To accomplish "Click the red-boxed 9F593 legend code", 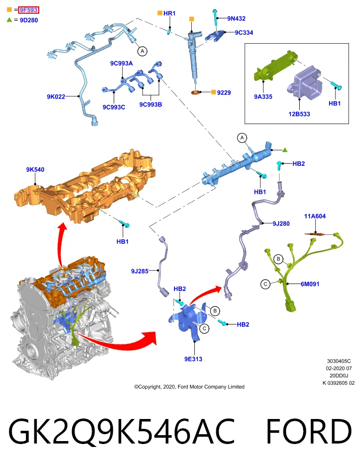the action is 28,10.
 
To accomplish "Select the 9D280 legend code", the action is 29,20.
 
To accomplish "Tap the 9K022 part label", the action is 56,97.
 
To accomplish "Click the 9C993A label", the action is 121,63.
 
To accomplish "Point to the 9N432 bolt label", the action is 236,18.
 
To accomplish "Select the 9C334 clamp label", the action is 244,32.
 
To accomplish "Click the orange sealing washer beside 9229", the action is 196,92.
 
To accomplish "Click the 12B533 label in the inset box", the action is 299,114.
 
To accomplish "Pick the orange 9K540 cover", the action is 85,186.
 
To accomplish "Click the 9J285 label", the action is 140,271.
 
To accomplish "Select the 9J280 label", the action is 281,224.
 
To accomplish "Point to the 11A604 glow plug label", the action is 315,216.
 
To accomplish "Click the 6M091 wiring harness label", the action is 310,284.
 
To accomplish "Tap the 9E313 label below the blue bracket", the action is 193,359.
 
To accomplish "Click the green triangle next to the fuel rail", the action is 285,150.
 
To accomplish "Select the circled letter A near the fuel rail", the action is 242,138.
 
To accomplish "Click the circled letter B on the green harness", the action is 278,259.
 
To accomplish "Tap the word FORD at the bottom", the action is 309,431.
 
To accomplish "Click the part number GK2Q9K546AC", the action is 121,431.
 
